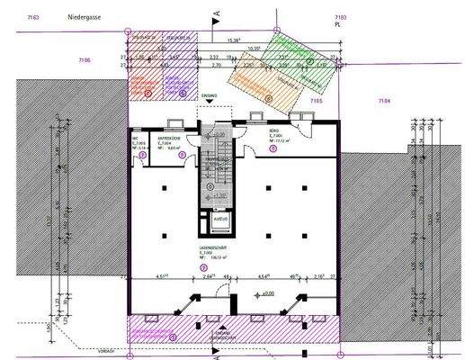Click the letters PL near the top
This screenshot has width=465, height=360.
(x=339, y=25)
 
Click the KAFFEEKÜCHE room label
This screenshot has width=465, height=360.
(x=171, y=140)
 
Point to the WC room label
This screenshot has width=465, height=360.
(x=139, y=141)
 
